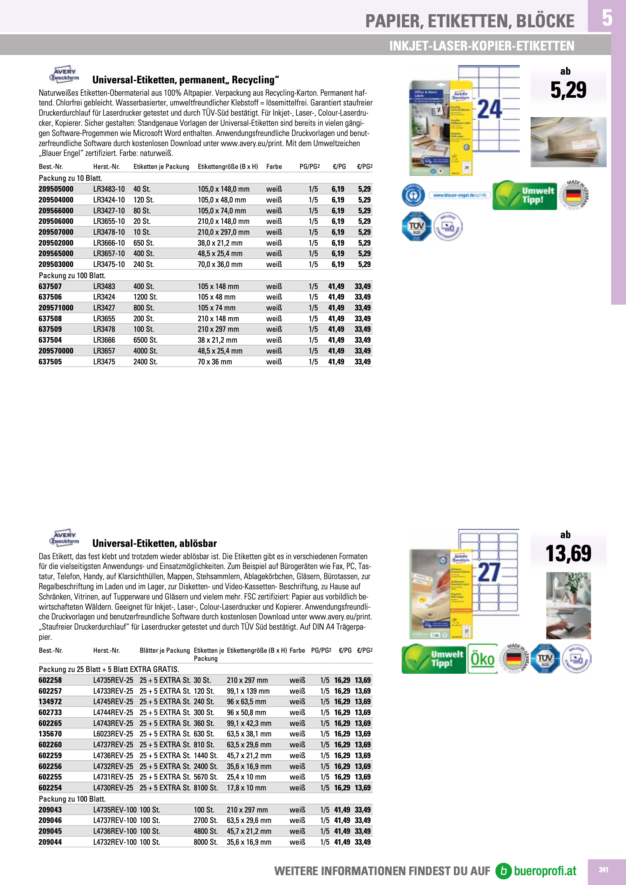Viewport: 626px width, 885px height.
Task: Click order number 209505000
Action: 56,189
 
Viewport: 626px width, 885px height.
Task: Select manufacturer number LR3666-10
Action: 109,243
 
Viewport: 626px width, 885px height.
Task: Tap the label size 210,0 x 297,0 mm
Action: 223,232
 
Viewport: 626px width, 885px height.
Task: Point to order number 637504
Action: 50,340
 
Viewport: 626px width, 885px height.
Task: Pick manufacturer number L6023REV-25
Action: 113,734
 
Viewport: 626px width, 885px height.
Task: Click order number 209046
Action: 50,820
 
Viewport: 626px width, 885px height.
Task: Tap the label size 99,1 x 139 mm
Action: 248,691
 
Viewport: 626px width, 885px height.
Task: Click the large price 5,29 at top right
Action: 568,90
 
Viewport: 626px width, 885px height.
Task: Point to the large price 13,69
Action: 568,554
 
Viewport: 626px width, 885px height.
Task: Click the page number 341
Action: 603,870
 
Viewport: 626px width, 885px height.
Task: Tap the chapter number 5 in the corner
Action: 607,18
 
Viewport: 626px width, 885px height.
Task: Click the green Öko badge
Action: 482,659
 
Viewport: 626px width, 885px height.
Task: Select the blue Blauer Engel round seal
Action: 413,195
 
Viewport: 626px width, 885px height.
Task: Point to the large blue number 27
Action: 489,572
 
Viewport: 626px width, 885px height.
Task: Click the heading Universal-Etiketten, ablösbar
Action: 154,543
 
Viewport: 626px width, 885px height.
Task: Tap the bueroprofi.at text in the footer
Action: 545,871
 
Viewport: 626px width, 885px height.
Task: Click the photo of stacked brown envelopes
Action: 568,142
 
